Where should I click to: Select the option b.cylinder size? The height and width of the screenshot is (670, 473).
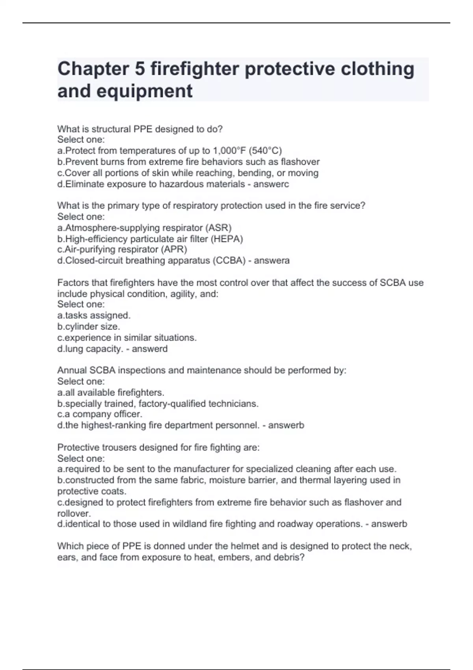pos(89,327)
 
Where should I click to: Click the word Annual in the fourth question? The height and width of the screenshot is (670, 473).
pos(72,370)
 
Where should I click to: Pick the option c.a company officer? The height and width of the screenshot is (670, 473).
pos(100,414)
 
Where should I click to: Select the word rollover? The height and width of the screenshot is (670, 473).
pos(74,514)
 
